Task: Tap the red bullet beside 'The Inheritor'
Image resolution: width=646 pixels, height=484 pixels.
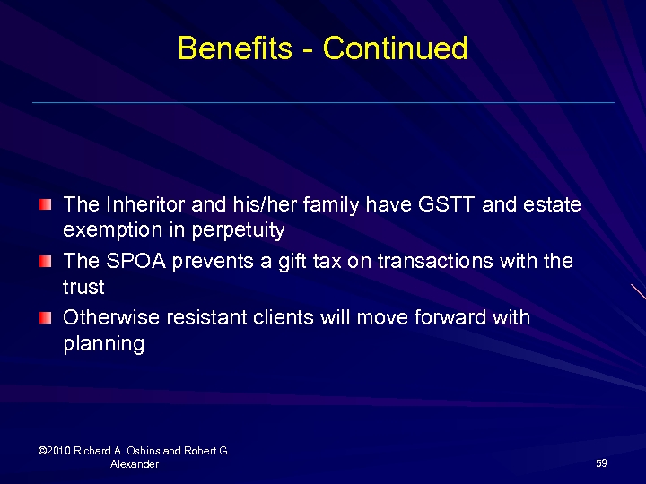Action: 46,205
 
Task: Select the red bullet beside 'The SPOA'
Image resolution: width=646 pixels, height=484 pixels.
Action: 46,262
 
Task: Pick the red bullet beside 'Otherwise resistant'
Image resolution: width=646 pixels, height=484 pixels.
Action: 46,318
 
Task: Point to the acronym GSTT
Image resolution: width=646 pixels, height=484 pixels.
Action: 447,205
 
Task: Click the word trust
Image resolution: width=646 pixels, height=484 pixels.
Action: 83,288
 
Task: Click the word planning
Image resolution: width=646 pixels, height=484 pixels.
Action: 103,344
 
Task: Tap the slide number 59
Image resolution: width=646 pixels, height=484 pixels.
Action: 601,463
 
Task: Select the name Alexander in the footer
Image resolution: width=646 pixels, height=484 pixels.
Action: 135,464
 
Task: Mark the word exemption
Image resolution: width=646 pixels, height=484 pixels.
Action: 107,231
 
